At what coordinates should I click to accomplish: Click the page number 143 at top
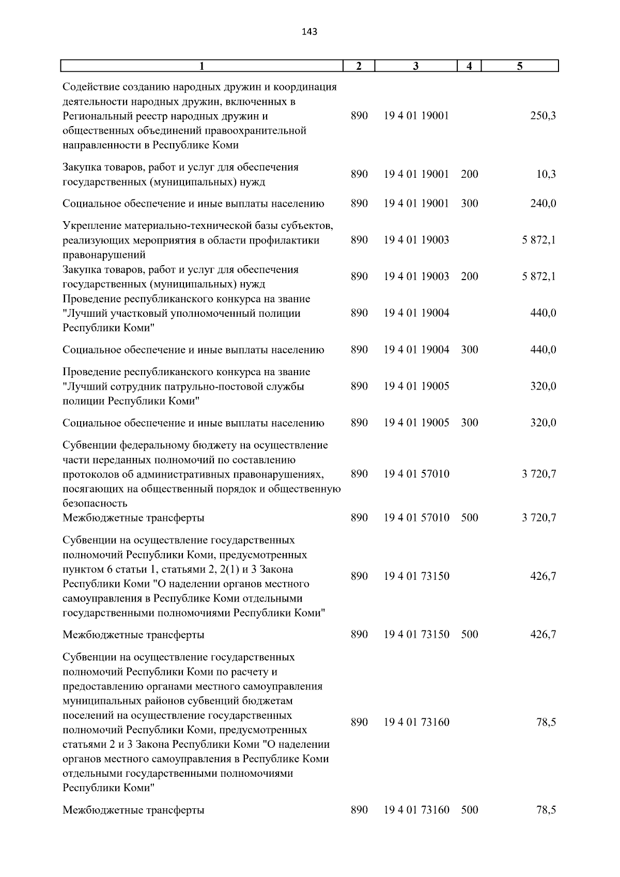(x=309, y=32)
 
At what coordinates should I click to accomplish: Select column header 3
(x=416, y=66)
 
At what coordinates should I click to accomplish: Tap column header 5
(x=520, y=66)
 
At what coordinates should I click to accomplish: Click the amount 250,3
(x=543, y=116)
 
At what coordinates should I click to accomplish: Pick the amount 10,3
(x=546, y=175)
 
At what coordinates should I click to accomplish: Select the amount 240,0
(x=543, y=204)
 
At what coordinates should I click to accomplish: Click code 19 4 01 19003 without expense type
(x=416, y=240)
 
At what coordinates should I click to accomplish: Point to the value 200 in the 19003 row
(x=469, y=276)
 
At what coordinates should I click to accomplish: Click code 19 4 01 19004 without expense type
(x=416, y=313)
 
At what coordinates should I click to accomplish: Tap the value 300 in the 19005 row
(x=469, y=423)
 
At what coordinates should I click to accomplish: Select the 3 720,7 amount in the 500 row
(x=539, y=518)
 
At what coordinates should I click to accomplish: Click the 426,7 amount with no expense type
(x=543, y=576)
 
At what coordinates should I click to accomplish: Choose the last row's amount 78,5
(x=546, y=810)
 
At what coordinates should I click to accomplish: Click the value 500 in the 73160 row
(x=469, y=810)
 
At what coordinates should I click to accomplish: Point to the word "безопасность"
(x=95, y=503)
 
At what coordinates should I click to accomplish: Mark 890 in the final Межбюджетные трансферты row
(x=359, y=810)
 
